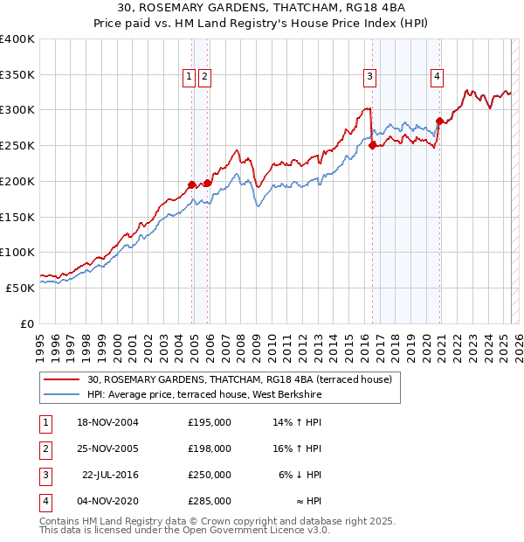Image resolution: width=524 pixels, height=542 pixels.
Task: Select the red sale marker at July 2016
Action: point(372,145)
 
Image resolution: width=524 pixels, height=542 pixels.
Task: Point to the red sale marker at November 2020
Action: point(439,121)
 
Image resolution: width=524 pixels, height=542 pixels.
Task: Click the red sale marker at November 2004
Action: point(191,184)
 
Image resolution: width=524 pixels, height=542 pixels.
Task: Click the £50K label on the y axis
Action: point(21,287)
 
